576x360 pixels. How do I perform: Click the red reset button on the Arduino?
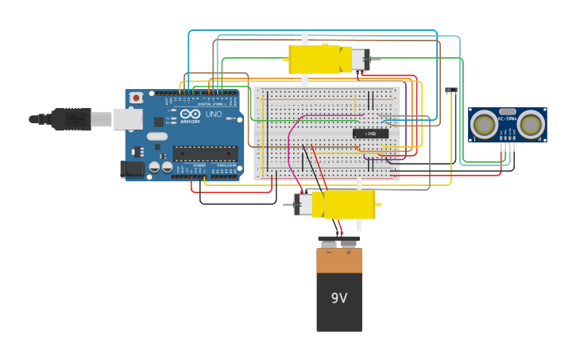(x=137, y=98)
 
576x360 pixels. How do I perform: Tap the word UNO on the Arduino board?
(x=214, y=114)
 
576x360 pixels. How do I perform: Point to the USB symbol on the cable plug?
(x=75, y=119)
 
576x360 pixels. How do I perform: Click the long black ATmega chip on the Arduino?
(x=205, y=153)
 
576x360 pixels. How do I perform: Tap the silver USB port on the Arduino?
(x=127, y=119)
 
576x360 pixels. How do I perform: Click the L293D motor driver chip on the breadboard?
(x=370, y=134)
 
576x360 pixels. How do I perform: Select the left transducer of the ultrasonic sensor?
(x=484, y=124)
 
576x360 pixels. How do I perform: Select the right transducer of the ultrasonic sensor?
(x=531, y=124)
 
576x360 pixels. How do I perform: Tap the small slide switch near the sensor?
(x=450, y=91)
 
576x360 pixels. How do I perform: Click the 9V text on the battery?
(x=339, y=298)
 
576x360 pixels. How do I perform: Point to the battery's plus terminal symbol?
(x=349, y=252)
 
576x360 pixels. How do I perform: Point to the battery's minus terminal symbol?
(x=329, y=252)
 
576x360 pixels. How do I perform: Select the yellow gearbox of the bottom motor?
(x=348, y=204)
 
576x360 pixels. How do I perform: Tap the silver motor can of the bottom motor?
(x=303, y=204)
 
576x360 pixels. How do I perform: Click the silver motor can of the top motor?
(x=360, y=59)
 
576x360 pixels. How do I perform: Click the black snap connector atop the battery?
(x=339, y=238)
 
